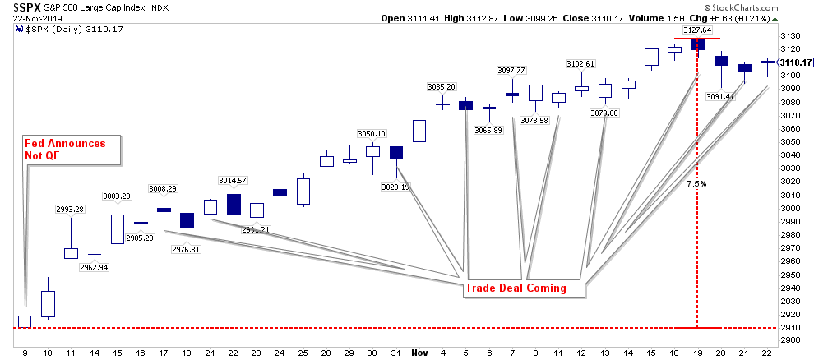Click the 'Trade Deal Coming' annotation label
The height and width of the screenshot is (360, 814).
[x=516, y=288]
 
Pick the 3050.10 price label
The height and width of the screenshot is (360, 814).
[x=371, y=133]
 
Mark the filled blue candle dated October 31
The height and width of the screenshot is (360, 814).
[x=396, y=153]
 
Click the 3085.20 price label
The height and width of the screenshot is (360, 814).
[x=442, y=86]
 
